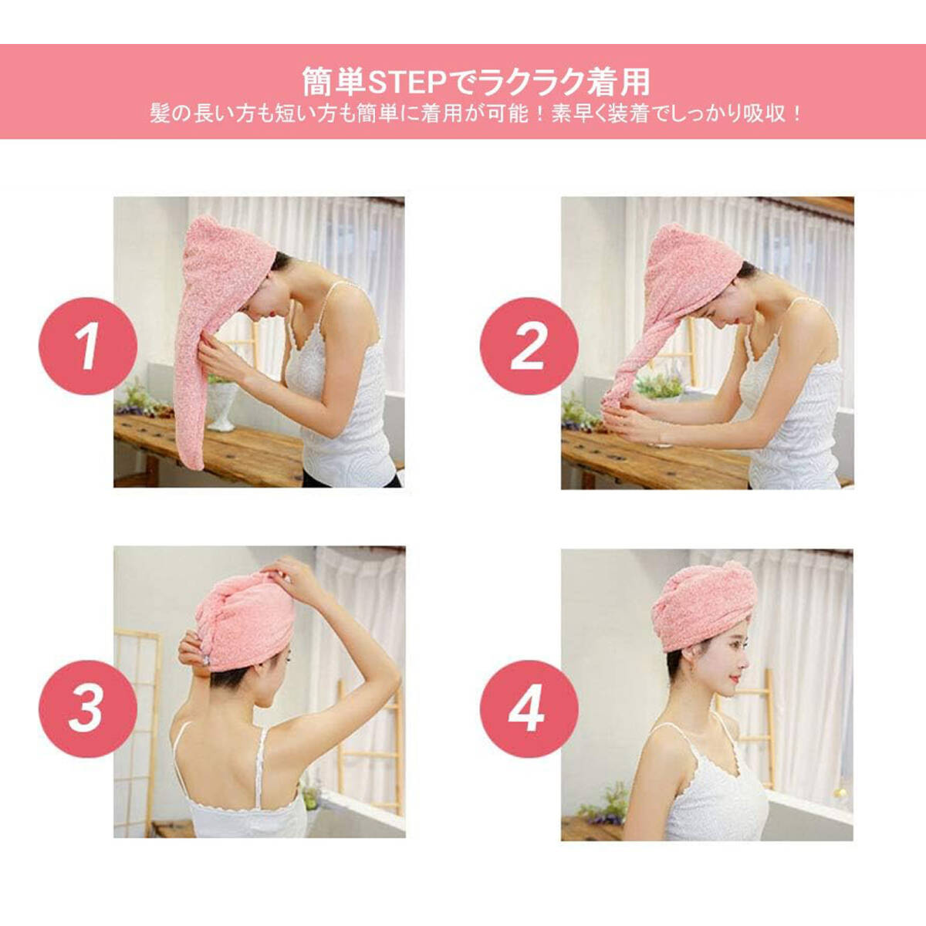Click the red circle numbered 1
(x=88, y=346)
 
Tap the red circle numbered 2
(x=529, y=346)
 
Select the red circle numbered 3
(x=88, y=709)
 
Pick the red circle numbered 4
(x=529, y=709)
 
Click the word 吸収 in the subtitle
(x=764, y=115)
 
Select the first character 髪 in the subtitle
(x=160, y=115)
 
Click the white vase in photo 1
(x=222, y=405)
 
